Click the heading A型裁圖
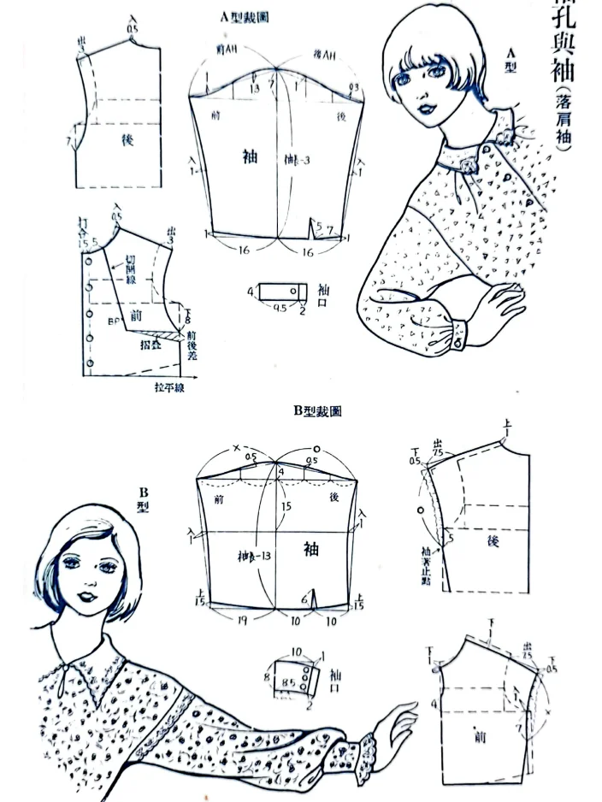[x=245, y=17]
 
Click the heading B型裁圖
[x=317, y=411]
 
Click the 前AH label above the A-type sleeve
[x=227, y=54]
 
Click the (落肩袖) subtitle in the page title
[x=562, y=120]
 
